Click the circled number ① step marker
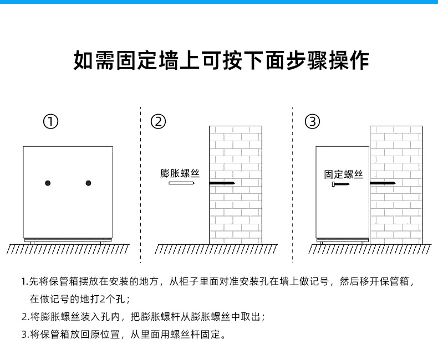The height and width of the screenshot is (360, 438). click(51, 122)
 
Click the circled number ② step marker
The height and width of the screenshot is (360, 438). click(159, 122)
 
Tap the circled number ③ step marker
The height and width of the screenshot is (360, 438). click(313, 122)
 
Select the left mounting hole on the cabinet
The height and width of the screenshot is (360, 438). click(48, 183)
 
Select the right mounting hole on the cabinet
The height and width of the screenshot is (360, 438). click(88, 183)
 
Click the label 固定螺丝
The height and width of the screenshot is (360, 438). click(344, 174)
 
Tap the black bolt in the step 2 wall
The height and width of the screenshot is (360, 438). click(222, 183)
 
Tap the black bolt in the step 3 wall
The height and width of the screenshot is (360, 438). click(383, 183)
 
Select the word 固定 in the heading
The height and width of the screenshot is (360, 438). click(139, 60)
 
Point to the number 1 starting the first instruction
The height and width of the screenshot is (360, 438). click(24, 282)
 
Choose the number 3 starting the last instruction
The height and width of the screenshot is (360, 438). click(24, 335)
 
